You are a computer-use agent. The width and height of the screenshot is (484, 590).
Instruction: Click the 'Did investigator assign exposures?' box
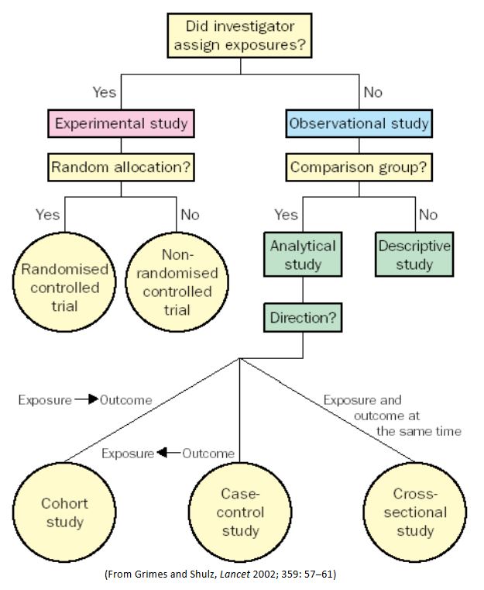[x=240, y=36]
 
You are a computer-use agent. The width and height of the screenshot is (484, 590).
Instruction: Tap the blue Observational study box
[x=359, y=123]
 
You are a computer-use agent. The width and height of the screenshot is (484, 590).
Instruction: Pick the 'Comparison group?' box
[x=359, y=166]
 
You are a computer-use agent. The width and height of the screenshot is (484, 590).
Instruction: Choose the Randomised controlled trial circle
[x=65, y=288]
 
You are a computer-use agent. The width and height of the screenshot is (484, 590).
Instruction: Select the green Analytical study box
[x=303, y=255]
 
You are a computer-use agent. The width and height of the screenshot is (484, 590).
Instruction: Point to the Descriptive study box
[x=415, y=255]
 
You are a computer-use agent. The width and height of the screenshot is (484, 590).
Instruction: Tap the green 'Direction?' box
[x=303, y=317]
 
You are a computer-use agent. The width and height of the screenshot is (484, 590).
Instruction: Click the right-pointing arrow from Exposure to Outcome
[x=88, y=400]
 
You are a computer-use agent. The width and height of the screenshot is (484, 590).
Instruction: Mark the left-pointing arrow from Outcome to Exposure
[x=168, y=453]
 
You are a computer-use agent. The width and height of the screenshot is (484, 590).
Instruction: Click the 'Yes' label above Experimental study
[x=105, y=92]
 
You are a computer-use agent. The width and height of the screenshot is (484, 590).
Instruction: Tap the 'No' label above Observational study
[x=372, y=92]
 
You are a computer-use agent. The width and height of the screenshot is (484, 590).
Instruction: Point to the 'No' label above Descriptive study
[x=427, y=215]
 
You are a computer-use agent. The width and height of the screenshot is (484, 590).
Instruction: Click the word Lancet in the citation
[x=221, y=574]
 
